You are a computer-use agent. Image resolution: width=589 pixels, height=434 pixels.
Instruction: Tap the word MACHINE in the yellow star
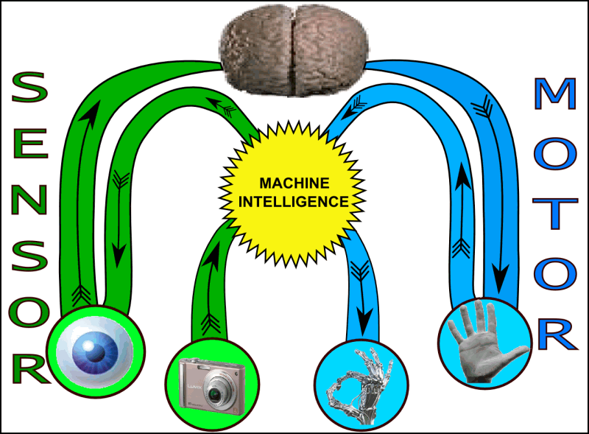[294, 183]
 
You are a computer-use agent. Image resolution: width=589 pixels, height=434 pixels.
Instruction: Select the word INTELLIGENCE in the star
[294, 200]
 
